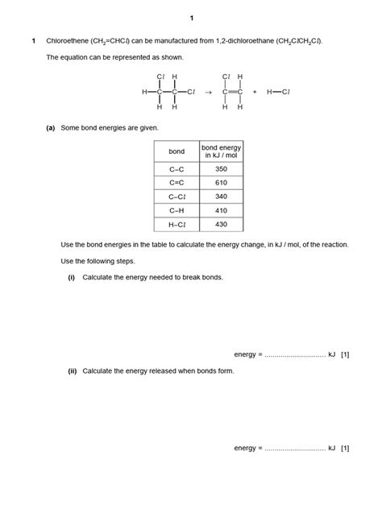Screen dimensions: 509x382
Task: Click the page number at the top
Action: point(191,18)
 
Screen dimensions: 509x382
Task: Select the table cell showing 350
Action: point(221,169)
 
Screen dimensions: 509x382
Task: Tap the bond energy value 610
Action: point(221,183)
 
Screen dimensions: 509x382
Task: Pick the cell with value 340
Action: point(221,197)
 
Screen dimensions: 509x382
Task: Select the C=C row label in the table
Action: point(176,183)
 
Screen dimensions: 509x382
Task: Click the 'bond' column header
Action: point(176,151)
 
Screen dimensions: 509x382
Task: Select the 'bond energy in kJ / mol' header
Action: point(221,151)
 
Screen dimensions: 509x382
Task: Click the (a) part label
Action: point(51,128)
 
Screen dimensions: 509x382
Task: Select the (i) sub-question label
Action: point(72,277)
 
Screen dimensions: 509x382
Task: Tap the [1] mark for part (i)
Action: point(345,354)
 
